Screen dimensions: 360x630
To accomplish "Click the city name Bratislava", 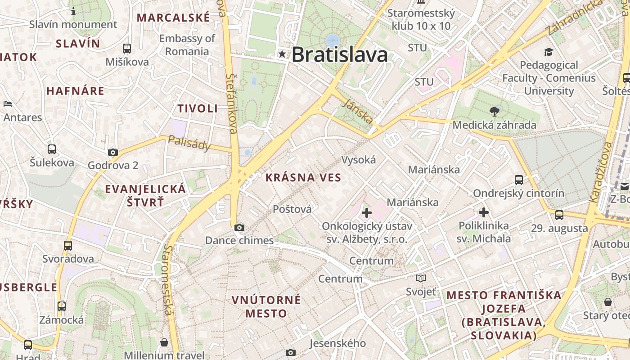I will (340, 55).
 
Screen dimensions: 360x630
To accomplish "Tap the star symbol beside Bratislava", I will (282, 54).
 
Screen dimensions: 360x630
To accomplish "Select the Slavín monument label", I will (73, 24).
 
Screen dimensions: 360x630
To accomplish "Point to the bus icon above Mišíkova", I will (127, 48).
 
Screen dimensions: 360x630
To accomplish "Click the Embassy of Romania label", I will (187, 45).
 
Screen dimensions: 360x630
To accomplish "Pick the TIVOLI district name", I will (198, 108).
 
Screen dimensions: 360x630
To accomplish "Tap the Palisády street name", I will (189, 143).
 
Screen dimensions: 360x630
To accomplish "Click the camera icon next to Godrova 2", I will (113, 153).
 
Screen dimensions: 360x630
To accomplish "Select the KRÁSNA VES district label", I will (303, 177).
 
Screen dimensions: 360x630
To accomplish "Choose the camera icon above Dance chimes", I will (239, 228).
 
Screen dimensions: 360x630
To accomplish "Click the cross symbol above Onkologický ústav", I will (366, 212).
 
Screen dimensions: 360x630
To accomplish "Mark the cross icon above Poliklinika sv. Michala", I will (484, 212).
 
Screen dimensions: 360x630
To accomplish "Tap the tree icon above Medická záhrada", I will (494, 111).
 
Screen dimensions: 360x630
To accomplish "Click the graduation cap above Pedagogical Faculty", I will (549, 52).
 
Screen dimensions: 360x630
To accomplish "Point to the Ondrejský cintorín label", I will (518, 193).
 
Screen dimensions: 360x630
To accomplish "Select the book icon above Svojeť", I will (421, 279).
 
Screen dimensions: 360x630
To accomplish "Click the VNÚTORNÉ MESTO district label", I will (266, 306).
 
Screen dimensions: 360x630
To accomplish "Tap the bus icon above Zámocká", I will (62, 306).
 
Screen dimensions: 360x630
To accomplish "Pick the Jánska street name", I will (358, 111).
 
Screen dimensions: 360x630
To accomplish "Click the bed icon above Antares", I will (8, 104).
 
